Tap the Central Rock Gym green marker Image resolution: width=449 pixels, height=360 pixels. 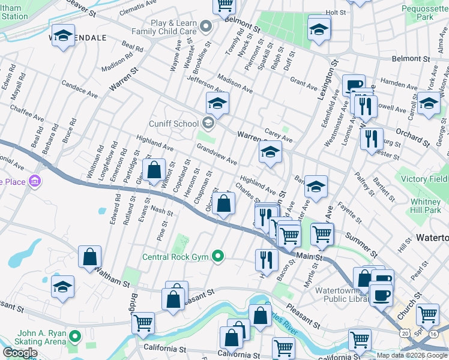click(x=218, y=257)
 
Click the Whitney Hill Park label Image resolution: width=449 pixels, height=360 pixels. click(x=426, y=206)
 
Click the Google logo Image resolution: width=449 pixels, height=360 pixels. click(x=20, y=353)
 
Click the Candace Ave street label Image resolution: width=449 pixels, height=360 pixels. click(x=79, y=91)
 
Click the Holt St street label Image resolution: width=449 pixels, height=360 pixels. click(x=336, y=12)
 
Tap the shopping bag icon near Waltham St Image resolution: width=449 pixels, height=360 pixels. click(x=89, y=257)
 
